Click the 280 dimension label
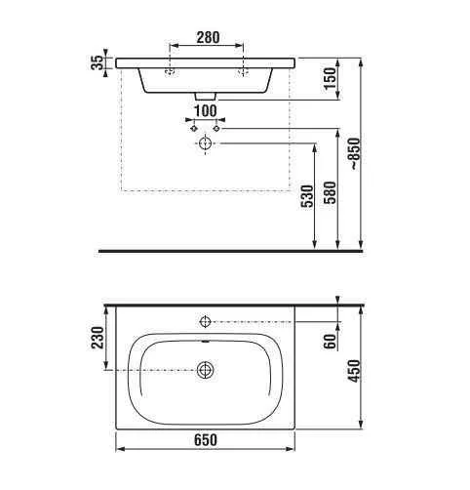click(208, 37)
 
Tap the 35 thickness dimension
click(97, 62)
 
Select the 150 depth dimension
click(330, 79)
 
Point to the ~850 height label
click(355, 153)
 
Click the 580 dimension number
click(331, 192)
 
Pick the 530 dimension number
click(307, 196)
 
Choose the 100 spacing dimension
click(206, 111)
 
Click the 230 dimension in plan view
click(98, 338)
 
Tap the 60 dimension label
click(331, 342)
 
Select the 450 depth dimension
click(354, 371)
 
